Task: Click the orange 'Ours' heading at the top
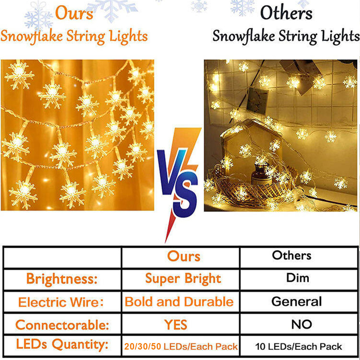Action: click(74, 13)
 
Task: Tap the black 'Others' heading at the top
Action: click(286, 13)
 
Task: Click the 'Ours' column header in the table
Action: click(184, 256)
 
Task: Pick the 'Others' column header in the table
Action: click(292, 255)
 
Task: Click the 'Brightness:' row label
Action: click(62, 279)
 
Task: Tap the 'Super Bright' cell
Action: click(183, 279)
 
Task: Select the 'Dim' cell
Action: click(298, 278)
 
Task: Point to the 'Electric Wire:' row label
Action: click(61, 302)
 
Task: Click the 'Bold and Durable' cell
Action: click(179, 301)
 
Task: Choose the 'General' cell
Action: click(296, 301)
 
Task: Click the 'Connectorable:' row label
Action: click(62, 325)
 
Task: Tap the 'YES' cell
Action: click(176, 325)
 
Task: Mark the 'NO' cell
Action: click(301, 324)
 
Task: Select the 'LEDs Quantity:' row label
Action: click(62, 345)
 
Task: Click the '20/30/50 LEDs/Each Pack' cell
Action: click(181, 346)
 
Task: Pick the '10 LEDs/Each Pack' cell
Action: click(298, 346)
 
